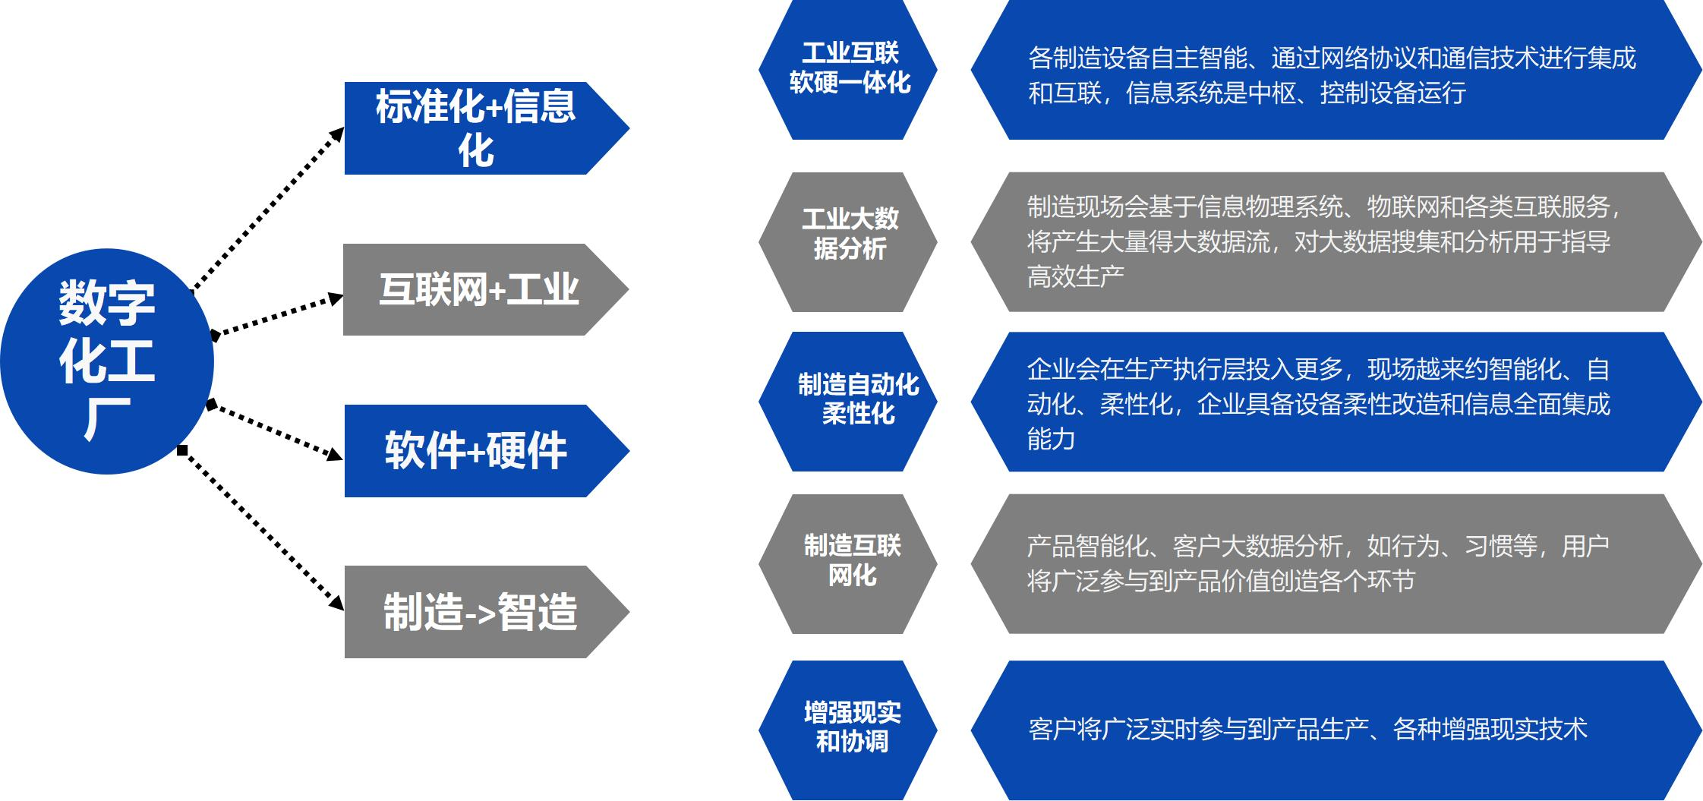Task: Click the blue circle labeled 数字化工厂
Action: point(106,361)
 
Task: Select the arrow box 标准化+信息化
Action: point(486,128)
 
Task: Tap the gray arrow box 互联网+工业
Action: point(485,289)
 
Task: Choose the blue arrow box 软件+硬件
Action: point(486,451)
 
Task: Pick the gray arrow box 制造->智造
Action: point(486,612)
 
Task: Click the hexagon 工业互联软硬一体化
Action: point(848,70)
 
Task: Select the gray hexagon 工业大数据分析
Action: point(848,242)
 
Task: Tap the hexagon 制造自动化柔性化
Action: point(848,402)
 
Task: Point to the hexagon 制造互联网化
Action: point(848,564)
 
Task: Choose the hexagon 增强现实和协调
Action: point(848,730)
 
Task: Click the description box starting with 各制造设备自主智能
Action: point(1336,70)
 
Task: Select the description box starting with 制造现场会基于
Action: point(1336,242)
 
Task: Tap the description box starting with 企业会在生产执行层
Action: point(1336,402)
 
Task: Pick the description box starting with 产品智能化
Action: point(1336,564)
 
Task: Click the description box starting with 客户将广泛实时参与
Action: point(1336,730)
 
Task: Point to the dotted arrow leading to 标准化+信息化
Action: point(267,210)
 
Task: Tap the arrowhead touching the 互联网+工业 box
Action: point(335,299)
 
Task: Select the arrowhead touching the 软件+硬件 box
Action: point(334,454)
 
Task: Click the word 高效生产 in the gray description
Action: point(1075,276)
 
